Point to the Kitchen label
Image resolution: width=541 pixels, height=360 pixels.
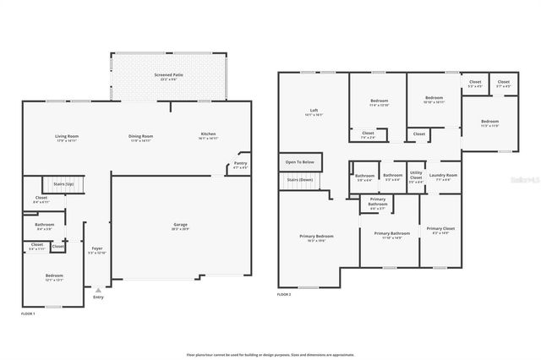[x=208, y=136]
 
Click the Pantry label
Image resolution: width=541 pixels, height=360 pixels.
[x=240, y=165]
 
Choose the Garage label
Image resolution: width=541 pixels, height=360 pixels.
[x=180, y=225]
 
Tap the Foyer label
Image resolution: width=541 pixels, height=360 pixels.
[x=97, y=249]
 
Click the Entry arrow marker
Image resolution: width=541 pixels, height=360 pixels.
[x=98, y=290]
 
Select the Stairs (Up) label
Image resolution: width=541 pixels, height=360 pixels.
[x=64, y=183]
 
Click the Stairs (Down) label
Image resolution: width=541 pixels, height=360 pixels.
[x=300, y=180]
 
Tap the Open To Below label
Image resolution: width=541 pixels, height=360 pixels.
[x=300, y=161]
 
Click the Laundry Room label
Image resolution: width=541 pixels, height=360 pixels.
[x=443, y=176]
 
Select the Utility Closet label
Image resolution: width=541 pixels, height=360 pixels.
[x=416, y=177]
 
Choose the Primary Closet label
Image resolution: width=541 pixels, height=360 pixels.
[x=440, y=230]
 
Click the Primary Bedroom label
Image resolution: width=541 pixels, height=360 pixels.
[x=316, y=237]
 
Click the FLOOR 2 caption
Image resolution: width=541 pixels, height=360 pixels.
[x=285, y=294]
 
